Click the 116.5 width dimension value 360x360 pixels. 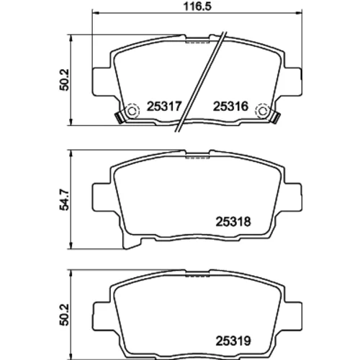pos(197,6)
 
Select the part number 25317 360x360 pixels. pos(164,107)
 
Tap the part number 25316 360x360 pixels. pos(230,107)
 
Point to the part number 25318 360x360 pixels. pos(233,222)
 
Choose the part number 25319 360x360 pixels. pos(233,341)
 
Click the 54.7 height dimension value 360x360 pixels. pos(64,199)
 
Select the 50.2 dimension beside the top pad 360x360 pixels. pos(64,80)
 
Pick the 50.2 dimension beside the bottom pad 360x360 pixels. pos(64,315)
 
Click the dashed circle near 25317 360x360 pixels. pos(132,111)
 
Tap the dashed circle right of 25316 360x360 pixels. pos(264,111)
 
